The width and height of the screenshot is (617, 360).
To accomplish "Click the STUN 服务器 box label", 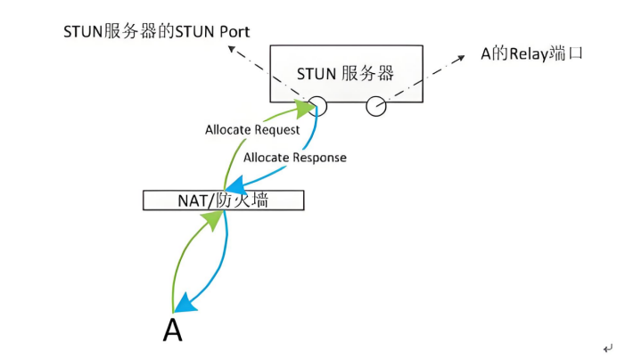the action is [345, 74].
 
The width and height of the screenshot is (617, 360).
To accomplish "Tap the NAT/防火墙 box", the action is [224, 200].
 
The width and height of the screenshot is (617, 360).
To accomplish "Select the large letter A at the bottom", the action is [172, 330].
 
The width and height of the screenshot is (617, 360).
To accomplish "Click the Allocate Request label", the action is [252, 130].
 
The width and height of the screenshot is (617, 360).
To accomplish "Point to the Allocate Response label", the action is [295, 158].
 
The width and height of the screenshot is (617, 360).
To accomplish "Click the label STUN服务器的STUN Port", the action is [157, 31].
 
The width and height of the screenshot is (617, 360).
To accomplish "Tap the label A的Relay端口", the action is [531, 53].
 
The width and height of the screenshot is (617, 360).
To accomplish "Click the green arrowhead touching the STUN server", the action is [306, 110].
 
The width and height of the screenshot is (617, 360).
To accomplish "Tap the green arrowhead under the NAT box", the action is [215, 219].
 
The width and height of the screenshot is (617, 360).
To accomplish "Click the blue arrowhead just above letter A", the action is [185, 305].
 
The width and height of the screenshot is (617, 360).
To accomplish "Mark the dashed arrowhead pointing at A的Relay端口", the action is [460, 59].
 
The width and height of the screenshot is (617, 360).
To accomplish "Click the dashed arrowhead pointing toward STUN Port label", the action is [232, 49].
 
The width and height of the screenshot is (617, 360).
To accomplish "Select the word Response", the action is [319, 158].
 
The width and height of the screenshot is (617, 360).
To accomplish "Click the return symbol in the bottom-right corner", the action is [607, 348].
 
